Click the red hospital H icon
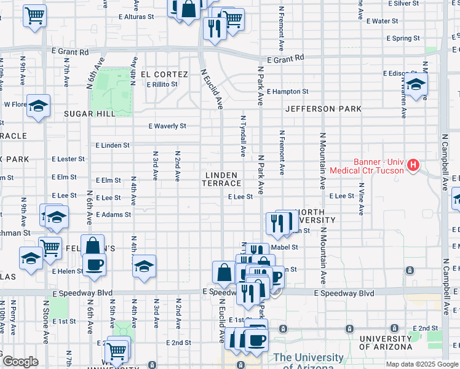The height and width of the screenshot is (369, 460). pos(413,165)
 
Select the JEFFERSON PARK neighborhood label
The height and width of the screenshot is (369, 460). pos(323,109)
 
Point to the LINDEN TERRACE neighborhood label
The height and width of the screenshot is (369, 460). pos(222,179)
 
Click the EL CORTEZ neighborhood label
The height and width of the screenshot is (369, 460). pos(164,74)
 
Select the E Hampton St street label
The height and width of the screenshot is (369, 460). pos(287,92)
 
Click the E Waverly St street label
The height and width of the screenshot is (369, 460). pos(167,126)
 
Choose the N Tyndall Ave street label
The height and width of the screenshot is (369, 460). pos(244,135)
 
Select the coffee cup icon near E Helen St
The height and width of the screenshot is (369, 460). pos(94,264)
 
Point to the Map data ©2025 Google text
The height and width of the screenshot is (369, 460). pos(421,364)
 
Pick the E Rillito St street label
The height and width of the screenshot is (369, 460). pos(162,84)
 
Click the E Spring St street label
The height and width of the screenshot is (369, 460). pos(403,38)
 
